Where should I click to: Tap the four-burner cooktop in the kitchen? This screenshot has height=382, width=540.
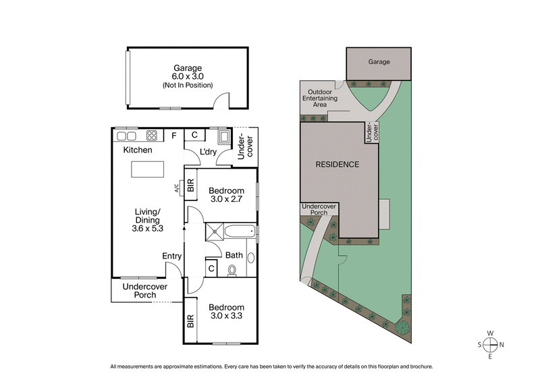pyautogui.click(x=152, y=135)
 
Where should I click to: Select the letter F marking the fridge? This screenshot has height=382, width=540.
pyautogui.click(x=173, y=136)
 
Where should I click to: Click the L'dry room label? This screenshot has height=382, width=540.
pyautogui.click(x=208, y=152)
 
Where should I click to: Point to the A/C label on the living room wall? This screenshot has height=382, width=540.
pyautogui.click(x=177, y=188)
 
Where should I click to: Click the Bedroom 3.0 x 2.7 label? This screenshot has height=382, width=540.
pyautogui.click(x=226, y=195)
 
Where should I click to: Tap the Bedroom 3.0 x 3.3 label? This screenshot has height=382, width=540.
pyautogui.click(x=226, y=312)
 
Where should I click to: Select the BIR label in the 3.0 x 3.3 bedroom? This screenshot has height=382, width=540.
pyautogui.click(x=190, y=321)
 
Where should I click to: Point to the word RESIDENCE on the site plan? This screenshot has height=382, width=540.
pyautogui.click(x=337, y=164)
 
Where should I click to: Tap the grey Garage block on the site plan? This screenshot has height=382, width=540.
pyautogui.click(x=379, y=62)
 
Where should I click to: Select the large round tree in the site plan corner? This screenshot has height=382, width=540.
pyautogui.click(x=403, y=329)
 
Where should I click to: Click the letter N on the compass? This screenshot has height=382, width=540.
pyautogui.click(x=503, y=344)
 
